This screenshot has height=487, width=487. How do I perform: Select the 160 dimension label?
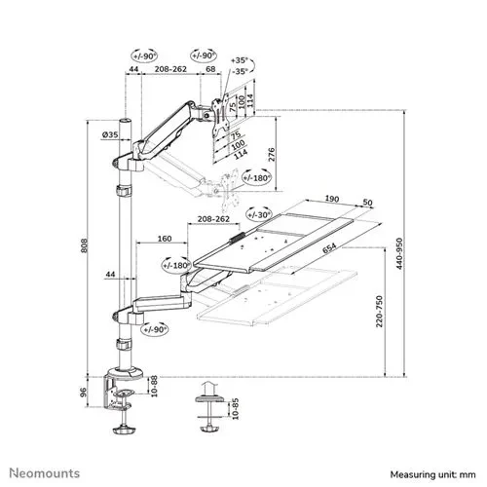tap(164, 237)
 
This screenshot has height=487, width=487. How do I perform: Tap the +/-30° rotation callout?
tap(259, 212)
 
